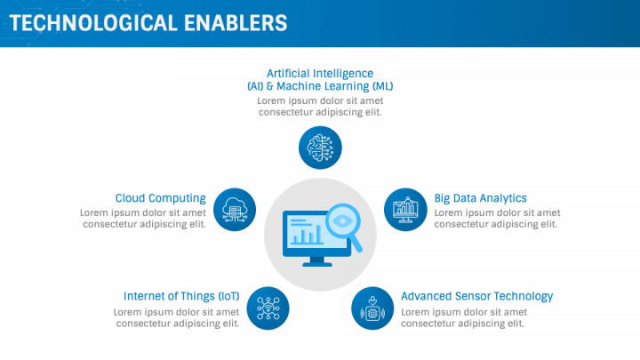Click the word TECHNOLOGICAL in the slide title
coord(93,23)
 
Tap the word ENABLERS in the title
coord(236,23)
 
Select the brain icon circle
coord(320,148)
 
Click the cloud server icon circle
coord(235,210)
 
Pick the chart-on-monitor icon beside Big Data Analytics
coord(405,210)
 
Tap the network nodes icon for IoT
coord(268,308)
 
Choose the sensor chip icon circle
coord(372,308)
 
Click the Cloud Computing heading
coord(160,198)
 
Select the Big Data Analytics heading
coord(480,198)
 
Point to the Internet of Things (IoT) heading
coord(181,296)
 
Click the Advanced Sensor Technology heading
coord(476,296)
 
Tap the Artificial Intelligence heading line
coord(320,74)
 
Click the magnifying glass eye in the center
coord(342,220)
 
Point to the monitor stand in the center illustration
coord(317,261)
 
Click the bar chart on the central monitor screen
coord(307,236)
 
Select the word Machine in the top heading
coord(297,86)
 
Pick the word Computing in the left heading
coord(177,198)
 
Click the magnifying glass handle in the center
coord(356,244)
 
